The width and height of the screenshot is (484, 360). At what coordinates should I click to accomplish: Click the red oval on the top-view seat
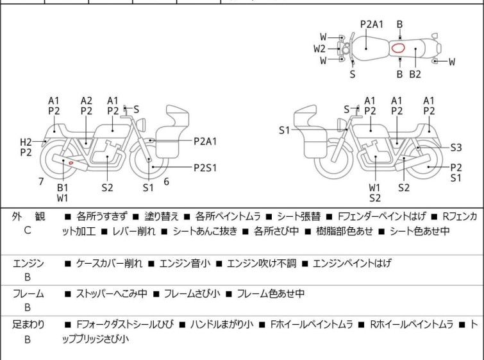point(397,47)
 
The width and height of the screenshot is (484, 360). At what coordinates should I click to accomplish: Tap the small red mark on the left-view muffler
point(71,162)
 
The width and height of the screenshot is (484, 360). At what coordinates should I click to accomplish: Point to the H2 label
point(26,142)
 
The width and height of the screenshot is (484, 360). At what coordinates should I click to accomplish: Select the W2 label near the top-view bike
point(320,48)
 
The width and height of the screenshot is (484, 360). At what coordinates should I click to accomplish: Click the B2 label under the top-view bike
point(415,74)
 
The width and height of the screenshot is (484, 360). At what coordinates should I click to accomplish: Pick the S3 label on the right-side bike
point(456,147)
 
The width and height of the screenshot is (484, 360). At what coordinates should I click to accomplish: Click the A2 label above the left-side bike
point(87,100)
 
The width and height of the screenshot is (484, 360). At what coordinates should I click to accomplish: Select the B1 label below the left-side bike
point(63,187)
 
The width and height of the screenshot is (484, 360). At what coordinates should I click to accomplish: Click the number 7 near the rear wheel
point(41,181)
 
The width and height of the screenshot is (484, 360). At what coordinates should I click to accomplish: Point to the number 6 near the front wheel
point(166,182)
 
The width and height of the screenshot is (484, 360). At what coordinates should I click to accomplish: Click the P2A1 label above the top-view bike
point(372,24)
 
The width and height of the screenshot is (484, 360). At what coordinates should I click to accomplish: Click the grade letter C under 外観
point(27,230)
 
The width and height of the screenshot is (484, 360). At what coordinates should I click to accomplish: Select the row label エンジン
point(28,263)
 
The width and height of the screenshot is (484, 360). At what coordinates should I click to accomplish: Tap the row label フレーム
point(28,294)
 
